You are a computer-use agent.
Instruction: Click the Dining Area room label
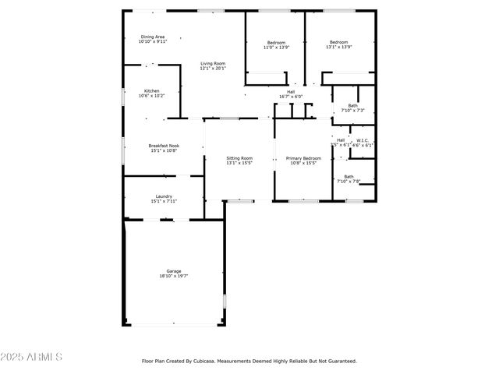[x=153, y=37]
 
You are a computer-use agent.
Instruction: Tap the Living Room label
[x=212, y=63]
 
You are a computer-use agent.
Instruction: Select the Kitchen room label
[x=151, y=90]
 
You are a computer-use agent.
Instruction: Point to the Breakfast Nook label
[x=164, y=146]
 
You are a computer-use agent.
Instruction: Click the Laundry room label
[x=164, y=196]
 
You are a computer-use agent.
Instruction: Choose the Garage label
[x=173, y=270]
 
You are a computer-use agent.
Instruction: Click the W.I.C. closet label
[x=363, y=140]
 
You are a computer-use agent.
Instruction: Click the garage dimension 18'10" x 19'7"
[x=173, y=276]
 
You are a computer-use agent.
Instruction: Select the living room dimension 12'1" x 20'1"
[x=212, y=69]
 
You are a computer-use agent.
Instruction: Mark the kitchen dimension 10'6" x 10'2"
[x=151, y=96]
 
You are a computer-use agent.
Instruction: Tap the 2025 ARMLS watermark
[x=31, y=357]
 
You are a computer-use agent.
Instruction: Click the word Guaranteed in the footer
[x=341, y=361]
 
